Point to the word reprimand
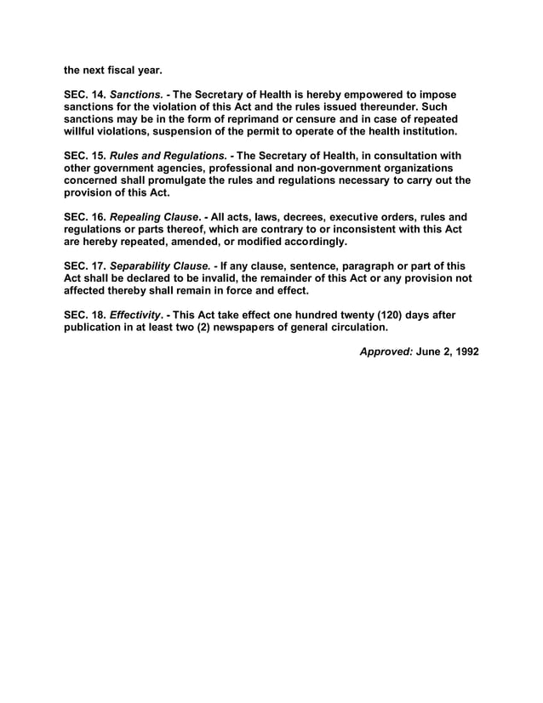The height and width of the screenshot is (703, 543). tap(266, 120)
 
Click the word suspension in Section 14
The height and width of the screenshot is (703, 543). tap(186, 133)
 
